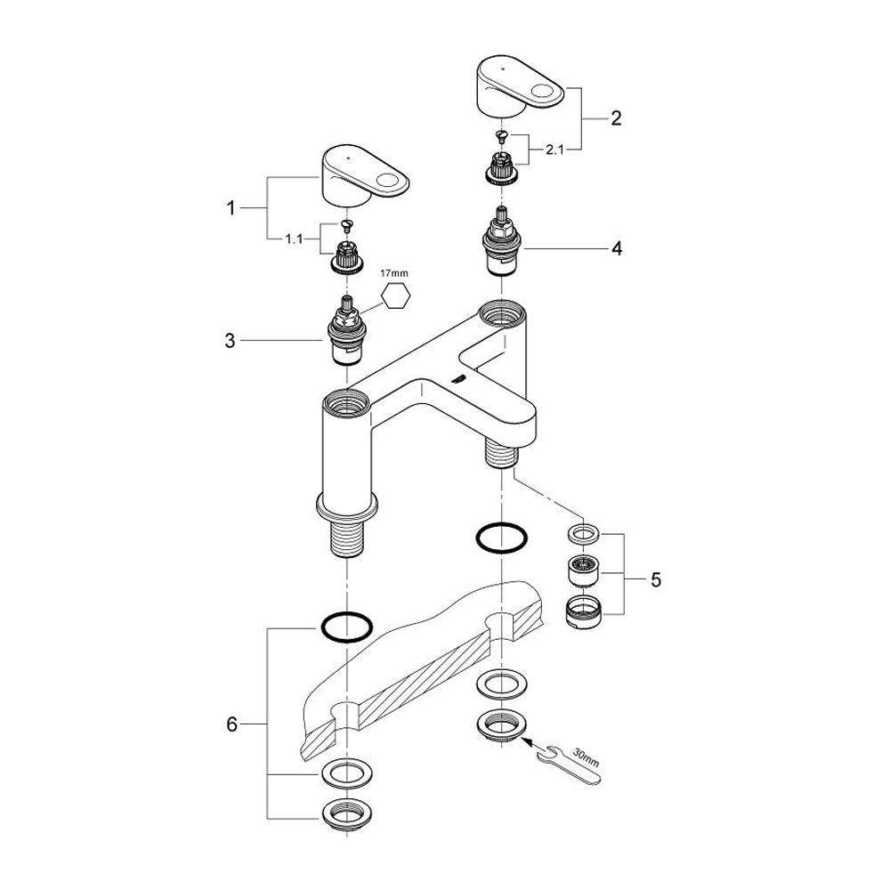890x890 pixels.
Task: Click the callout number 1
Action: [x=231, y=209]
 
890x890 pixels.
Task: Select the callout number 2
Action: [x=616, y=117]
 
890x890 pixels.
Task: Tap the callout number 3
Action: [x=231, y=340]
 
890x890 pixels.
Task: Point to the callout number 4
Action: [x=616, y=248]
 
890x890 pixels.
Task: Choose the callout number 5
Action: [x=656, y=580]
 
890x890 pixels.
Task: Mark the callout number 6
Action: [x=232, y=725]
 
